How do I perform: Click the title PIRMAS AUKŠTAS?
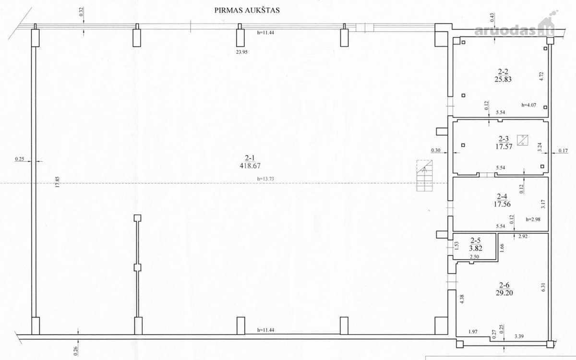pos(247,10)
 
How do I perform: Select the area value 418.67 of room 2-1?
pos(250,166)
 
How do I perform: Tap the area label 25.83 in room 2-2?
pos(503,80)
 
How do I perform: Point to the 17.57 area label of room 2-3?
pos(504,146)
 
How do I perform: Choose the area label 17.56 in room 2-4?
pos(502,204)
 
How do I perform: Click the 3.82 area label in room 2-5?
pos(476,248)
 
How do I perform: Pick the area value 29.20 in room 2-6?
pos(504,293)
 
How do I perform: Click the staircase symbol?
pos(424,176)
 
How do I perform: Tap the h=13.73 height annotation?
pos(265,179)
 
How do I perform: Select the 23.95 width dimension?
pos(242,52)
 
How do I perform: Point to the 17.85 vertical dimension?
pos(57,182)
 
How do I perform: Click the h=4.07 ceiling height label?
pos(528,105)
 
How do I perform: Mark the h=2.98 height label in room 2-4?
pos(533,219)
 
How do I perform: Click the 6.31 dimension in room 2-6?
pos(543,287)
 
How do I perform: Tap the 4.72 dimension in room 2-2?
pos(541,76)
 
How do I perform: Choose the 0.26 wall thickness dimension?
pos(75,351)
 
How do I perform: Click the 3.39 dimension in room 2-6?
pos(519,336)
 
